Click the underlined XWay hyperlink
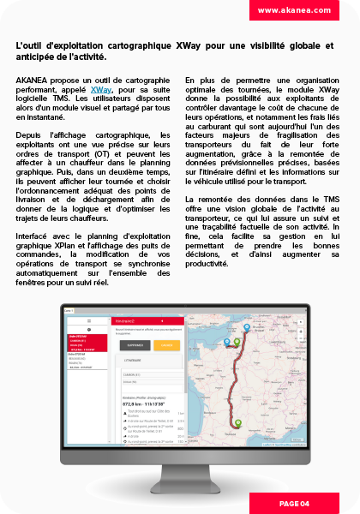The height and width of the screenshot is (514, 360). [x=100, y=88]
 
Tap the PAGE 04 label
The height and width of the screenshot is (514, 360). [x=293, y=503]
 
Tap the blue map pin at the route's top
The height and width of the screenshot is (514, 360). [x=248, y=328]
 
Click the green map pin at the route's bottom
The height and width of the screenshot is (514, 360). [x=237, y=421]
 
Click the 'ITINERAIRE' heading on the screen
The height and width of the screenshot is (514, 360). [x=131, y=362]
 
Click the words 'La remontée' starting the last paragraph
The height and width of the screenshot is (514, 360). [x=206, y=199]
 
